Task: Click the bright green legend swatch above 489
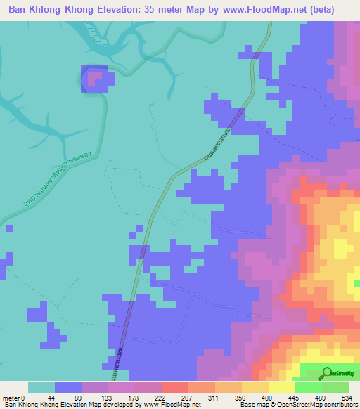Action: [308, 387]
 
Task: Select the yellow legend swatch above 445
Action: [281, 387]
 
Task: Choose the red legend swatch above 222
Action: [174, 387]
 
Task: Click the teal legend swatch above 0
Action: [41, 387]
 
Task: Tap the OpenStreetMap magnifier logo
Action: [328, 373]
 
